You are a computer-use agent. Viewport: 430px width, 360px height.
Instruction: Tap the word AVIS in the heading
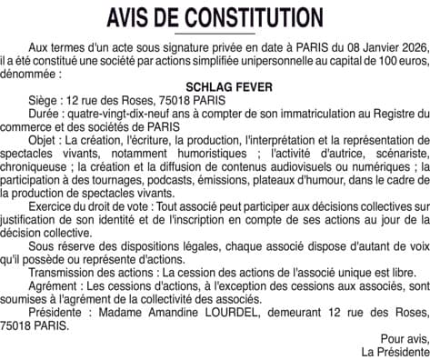coord(134,17)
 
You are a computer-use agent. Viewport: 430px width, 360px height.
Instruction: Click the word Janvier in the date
coord(365,46)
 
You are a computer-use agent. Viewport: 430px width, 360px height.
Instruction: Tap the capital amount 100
coord(385,59)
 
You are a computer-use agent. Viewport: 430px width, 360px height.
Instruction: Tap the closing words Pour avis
coord(403,338)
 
